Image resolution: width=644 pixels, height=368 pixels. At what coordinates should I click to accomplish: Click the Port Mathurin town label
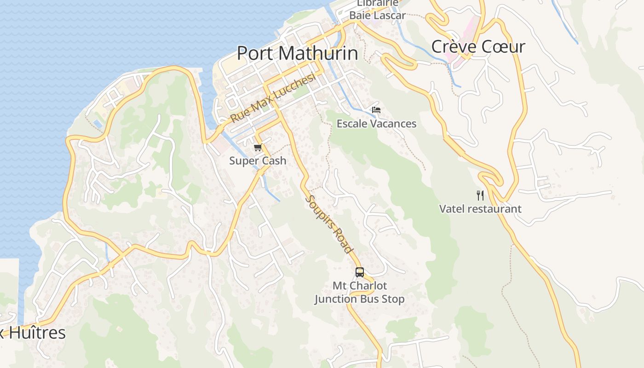(297, 53)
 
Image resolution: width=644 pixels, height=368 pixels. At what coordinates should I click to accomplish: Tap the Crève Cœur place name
(478, 46)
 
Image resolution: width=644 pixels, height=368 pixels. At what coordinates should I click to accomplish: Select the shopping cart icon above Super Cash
(258, 148)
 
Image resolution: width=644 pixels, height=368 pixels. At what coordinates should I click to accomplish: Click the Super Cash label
(258, 161)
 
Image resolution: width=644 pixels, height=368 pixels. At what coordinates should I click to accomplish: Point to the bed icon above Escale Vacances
(376, 110)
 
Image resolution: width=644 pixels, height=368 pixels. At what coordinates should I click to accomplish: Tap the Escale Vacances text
(376, 124)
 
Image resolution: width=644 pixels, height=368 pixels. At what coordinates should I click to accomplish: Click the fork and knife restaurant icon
(480, 195)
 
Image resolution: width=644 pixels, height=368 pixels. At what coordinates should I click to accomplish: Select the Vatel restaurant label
(480, 209)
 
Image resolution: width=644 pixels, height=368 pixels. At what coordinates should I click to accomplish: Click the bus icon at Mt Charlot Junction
(359, 272)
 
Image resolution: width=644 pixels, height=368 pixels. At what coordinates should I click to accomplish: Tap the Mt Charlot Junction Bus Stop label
(359, 293)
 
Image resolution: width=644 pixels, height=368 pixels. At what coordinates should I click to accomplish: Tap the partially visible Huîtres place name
(34, 333)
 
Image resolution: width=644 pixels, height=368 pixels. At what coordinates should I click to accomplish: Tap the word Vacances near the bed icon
(393, 124)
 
